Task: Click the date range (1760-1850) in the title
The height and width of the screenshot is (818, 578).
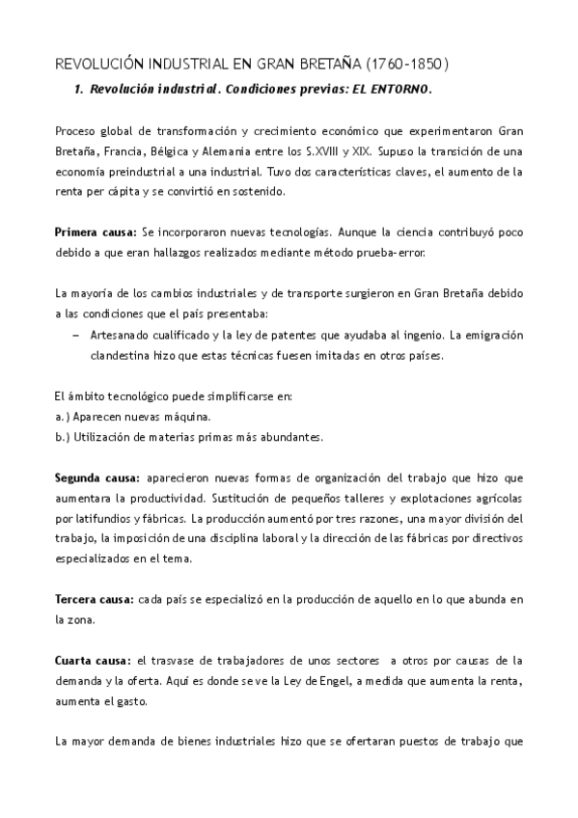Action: click(408, 65)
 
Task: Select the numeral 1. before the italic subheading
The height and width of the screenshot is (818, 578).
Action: click(79, 90)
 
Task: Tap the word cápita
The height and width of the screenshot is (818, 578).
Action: click(135, 192)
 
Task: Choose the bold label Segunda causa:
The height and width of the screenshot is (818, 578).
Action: click(97, 477)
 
